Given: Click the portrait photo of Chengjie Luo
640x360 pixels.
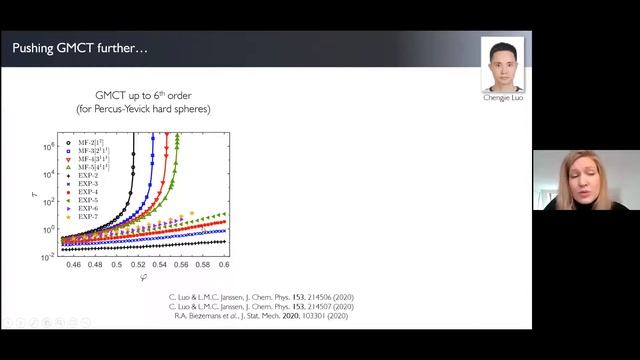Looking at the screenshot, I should click(502, 65).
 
